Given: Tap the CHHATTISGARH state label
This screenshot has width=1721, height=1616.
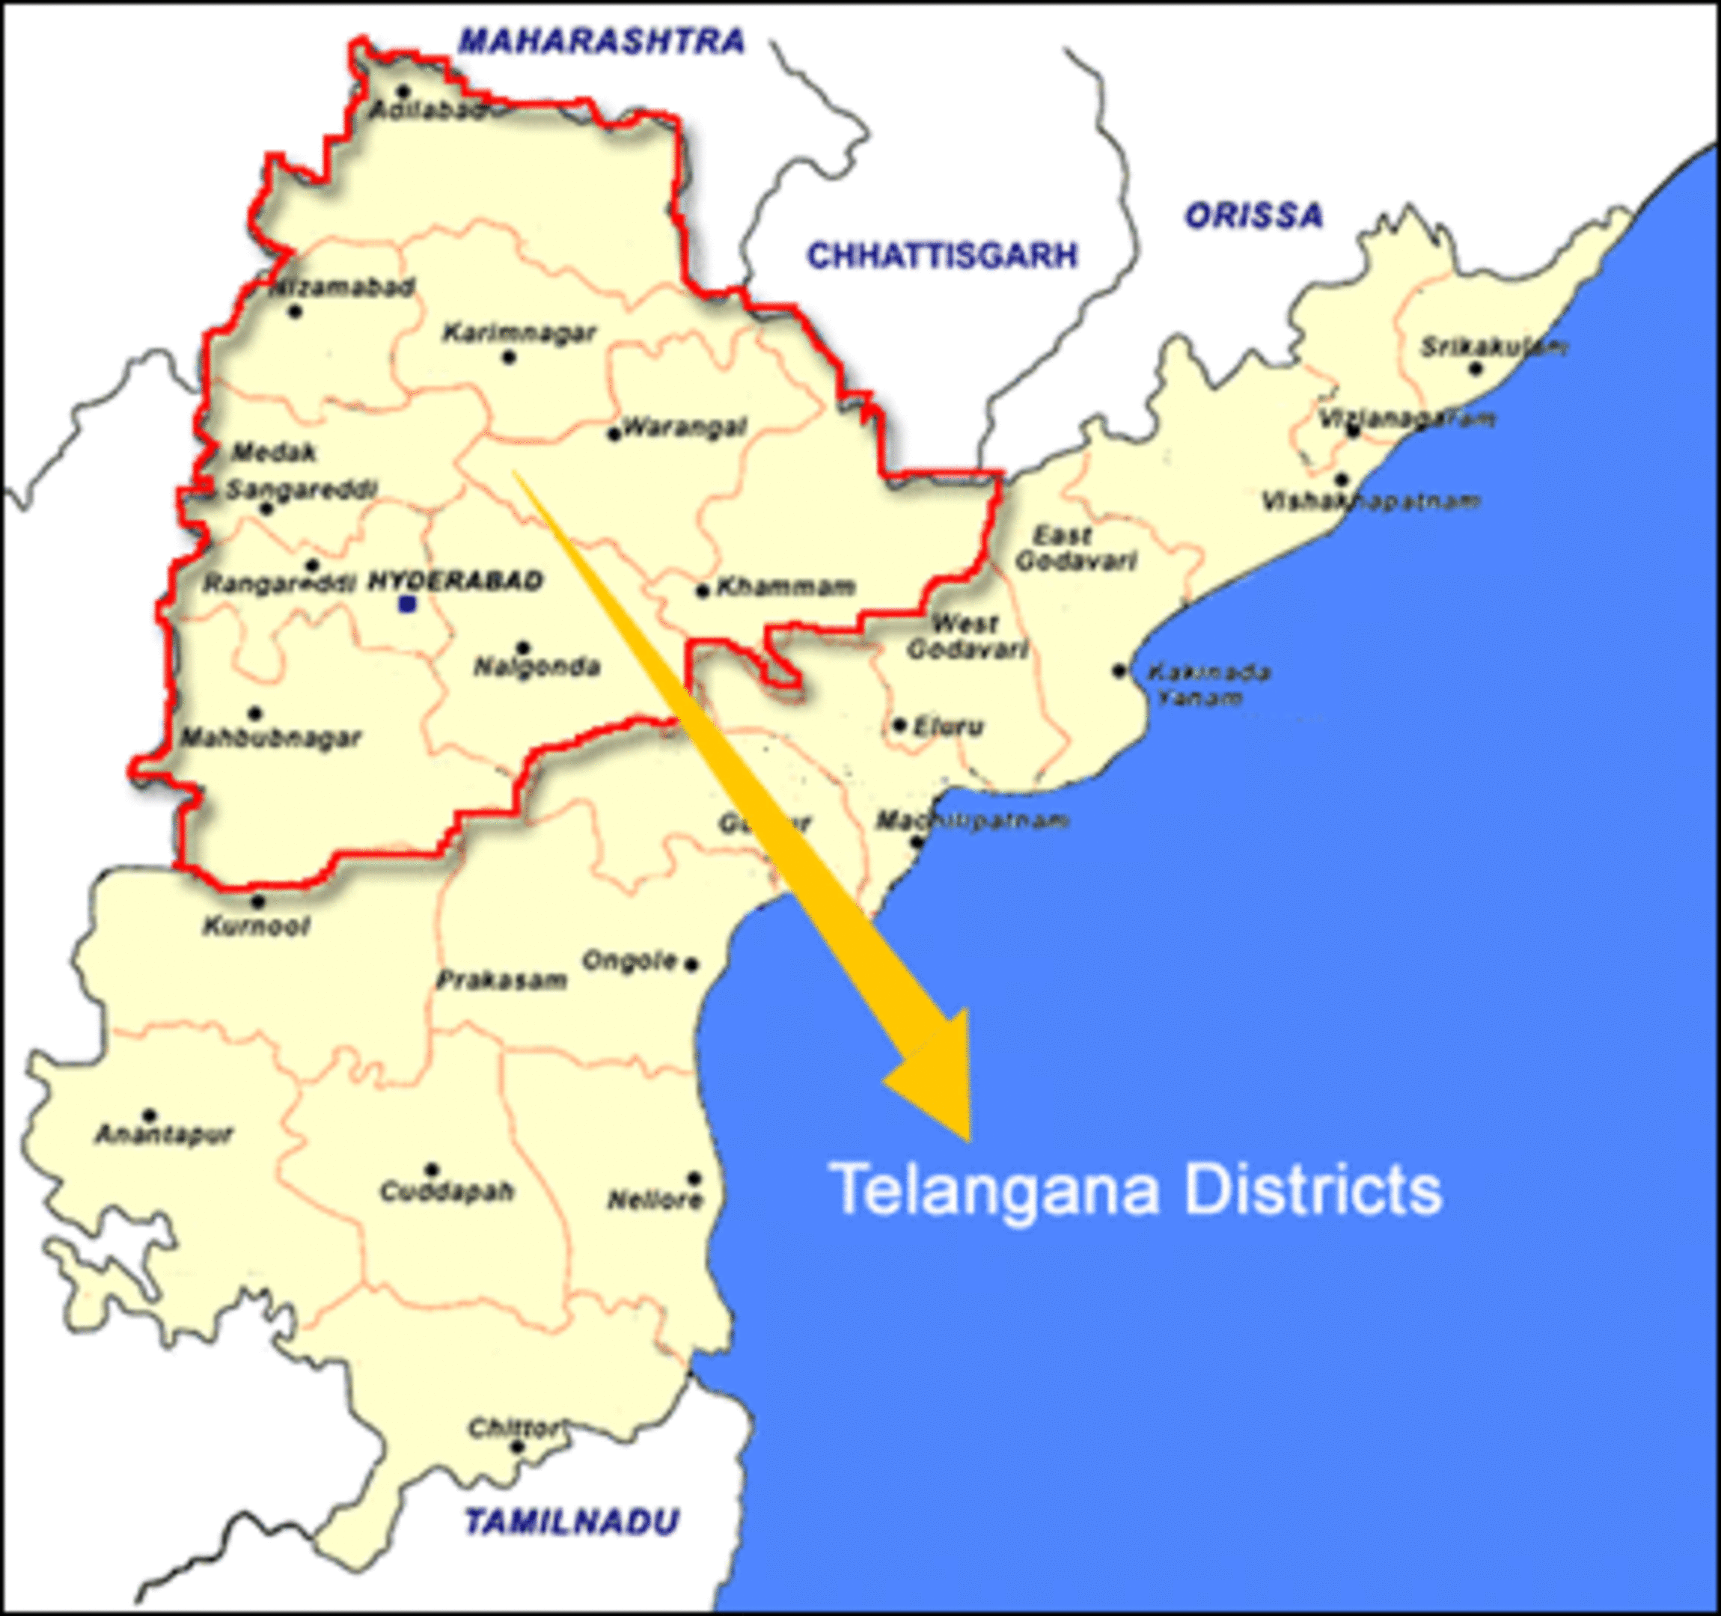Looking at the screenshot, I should pos(942,255).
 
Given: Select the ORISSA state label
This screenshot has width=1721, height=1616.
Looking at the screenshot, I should pos(1253,215).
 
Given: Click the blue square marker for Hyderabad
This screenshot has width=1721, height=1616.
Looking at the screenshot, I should pos(407,605).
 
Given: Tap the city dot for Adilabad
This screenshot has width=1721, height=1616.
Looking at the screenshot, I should pos(403,91).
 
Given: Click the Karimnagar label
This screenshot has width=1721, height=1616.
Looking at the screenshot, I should pos(519,332).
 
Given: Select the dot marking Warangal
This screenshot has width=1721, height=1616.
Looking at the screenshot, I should pos(614,435).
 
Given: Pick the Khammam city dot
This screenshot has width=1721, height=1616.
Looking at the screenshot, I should pos(703,591).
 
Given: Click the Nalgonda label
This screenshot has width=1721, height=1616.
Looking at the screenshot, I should pos(537,667).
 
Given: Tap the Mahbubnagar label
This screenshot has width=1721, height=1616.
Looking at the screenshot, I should pos(271,738).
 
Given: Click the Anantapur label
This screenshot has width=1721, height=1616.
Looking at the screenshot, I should pos(165,1134).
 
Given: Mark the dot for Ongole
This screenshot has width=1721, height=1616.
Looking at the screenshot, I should pos(691,964).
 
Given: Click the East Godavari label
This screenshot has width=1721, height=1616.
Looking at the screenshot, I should pos(1075,548).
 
